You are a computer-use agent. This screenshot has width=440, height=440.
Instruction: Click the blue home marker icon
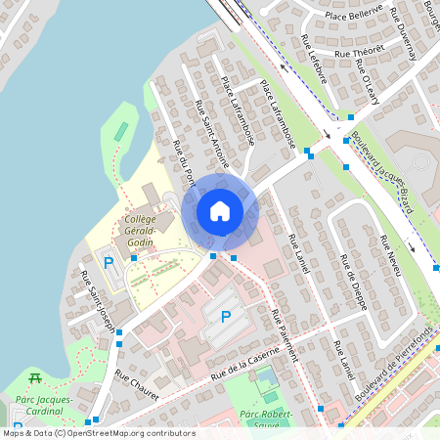pyautogui.click(x=220, y=211)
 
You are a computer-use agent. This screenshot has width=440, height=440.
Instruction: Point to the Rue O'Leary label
pyautogui.click(x=368, y=79)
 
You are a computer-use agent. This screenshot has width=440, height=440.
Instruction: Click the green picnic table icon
pyautogui.click(x=36, y=377)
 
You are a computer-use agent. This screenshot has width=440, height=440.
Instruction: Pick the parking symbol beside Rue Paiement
pyautogui.click(x=226, y=317)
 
